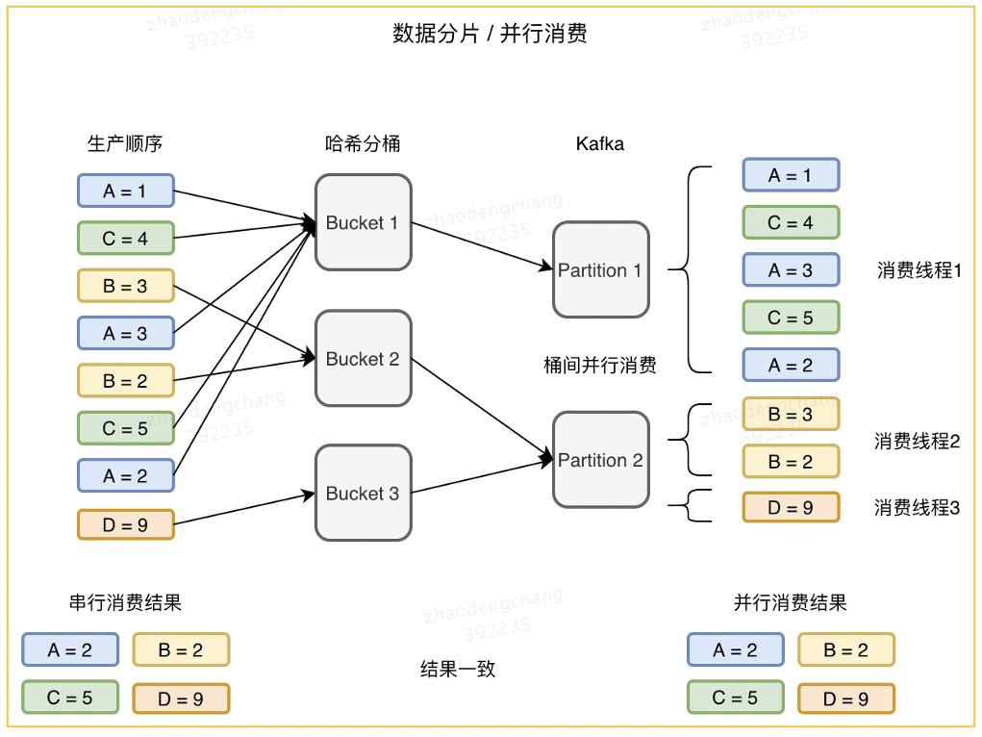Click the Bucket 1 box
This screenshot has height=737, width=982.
point(363,222)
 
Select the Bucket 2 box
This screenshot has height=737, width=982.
point(363,358)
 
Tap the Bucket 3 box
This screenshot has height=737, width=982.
point(363,493)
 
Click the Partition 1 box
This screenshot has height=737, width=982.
point(600,269)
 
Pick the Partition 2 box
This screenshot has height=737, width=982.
point(600,460)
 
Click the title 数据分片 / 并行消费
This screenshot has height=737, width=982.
point(490,34)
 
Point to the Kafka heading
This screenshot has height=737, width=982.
point(600,144)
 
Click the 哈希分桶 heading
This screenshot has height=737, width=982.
point(363,144)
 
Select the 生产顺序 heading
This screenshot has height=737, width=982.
point(125,144)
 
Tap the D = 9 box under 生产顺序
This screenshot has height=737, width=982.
point(125,524)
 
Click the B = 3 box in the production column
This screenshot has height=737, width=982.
point(125,286)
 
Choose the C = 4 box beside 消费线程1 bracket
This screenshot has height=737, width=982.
point(790,222)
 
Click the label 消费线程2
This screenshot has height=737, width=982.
point(917,443)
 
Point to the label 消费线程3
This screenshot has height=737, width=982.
point(917,508)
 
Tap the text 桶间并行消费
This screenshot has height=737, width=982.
point(600,366)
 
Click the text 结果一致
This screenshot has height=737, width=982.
point(458,669)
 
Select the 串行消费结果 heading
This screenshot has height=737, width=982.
point(125,603)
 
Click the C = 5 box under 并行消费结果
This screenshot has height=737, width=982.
point(735,698)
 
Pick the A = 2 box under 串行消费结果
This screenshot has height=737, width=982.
point(70,649)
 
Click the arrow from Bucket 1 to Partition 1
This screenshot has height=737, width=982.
point(481,245)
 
